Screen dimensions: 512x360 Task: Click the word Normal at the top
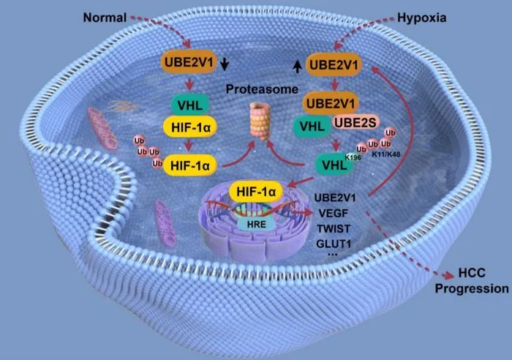point(105,18)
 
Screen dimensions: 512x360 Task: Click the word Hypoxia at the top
point(421,18)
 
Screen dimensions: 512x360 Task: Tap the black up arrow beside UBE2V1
point(297,67)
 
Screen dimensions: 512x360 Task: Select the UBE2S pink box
point(355,122)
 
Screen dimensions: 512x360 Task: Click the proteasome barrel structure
point(261,121)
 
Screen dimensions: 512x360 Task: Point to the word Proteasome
point(262,89)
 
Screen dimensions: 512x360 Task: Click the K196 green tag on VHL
point(353,157)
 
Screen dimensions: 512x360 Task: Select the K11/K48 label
point(386,154)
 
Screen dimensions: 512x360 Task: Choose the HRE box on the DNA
point(256,225)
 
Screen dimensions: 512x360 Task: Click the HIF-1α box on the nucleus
point(256,191)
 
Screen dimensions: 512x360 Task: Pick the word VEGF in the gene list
point(333,214)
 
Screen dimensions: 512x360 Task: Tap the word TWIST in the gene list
point(334,229)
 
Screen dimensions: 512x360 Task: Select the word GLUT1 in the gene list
point(334,244)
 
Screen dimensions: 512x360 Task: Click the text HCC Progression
point(472,281)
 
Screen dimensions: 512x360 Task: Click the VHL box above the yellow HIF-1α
point(190,105)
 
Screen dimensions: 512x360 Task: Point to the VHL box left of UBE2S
point(312,127)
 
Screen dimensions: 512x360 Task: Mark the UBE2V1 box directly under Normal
point(189,61)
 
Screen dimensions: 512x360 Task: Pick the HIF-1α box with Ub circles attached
point(190,165)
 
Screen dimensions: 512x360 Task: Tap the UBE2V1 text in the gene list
point(335,198)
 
